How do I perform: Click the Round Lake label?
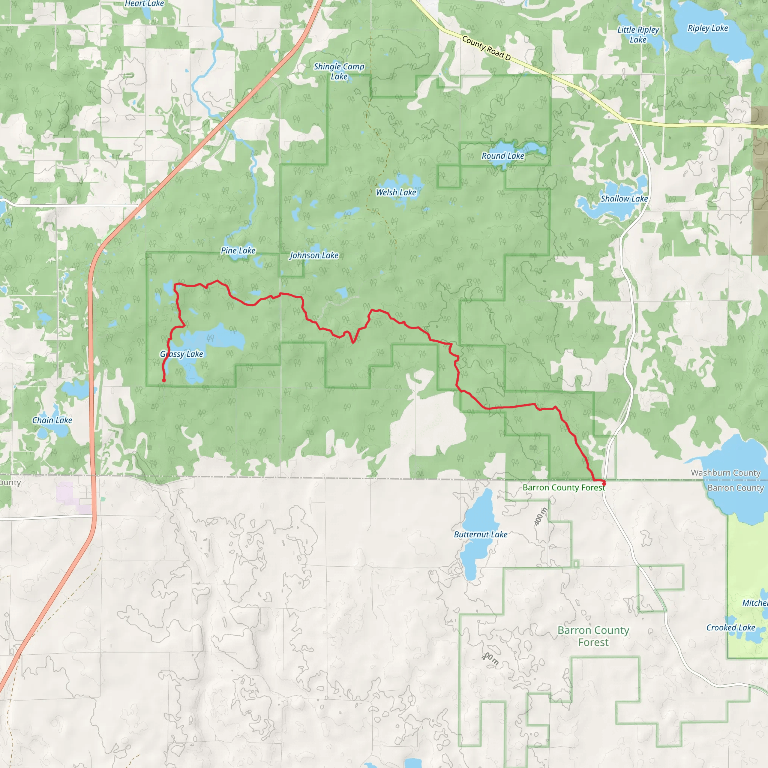click(x=503, y=156)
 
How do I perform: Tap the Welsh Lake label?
click(x=396, y=192)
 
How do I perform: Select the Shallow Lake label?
click(x=624, y=199)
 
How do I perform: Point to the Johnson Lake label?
click(x=314, y=255)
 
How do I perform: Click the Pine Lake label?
click(x=238, y=250)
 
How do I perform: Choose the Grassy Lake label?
click(x=181, y=354)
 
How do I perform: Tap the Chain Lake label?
click(x=52, y=420)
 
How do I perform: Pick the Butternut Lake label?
click(x=481, y=535)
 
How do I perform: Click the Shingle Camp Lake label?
click(x=339, y=72)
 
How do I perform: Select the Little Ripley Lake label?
click(x=638, y=34)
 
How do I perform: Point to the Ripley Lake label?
click(x=708, y=28)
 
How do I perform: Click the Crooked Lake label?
click(x=730, y=628)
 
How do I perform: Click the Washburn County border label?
click(x=726, y=472)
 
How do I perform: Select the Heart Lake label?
click(x=144, y=4)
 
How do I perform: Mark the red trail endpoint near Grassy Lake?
click(x=164, y=380)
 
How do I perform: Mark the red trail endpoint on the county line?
click(x=604, y=483)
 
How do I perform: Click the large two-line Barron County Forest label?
click(x=593, y=636)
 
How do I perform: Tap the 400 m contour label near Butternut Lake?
click(x=541, y=516)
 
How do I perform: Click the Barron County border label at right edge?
click(x=735, y=488)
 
